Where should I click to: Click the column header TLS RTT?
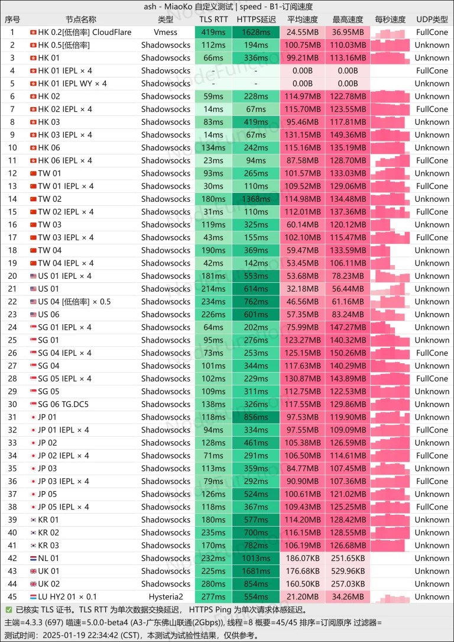click(x=213, y=19)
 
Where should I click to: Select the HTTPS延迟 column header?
click(x=256, y=19)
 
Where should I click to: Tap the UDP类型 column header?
click(x=432, y=19)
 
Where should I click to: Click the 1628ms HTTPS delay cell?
click(x=256, y=32)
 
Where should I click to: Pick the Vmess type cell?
click(x=166, y=32)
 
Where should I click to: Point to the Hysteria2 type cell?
click(x=166, y=596)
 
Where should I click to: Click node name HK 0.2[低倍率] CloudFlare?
click(x=85, y=32)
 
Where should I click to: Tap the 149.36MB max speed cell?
click(x=348, y=135)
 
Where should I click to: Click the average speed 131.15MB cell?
click(x=303, y=135)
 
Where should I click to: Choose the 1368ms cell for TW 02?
click(x=256, y=199)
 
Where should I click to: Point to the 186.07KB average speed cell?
click(x=303, y=558)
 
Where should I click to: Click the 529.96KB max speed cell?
click(x=348, y=571)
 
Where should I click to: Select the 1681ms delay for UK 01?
click(x=256, y=571)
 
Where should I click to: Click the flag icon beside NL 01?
click(x=33, y=558)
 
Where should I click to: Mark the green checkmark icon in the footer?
click(x=8, y=609)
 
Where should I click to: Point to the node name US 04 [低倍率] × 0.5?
click(x=74, y=302)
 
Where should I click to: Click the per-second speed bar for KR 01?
click(x=390, y=520)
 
